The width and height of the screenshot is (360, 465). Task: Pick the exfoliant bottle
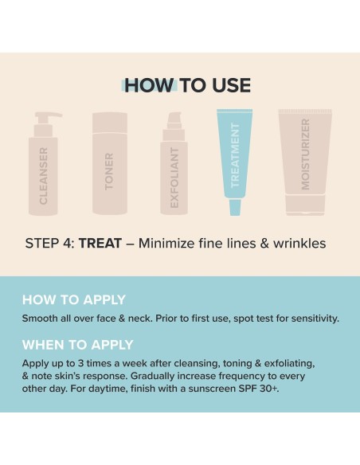pos(174,167)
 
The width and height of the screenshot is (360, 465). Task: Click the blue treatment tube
pos(235,159)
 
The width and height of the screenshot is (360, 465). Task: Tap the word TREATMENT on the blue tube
pos(235,155)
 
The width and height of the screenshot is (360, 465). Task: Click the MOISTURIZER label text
pos(304,155)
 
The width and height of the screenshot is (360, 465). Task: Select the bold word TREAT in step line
pos(100,243)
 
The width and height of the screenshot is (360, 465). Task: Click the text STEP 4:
pos(49,243)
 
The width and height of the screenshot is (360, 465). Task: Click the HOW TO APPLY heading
pos(73,300)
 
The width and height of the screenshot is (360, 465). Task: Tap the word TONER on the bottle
pos(110,170)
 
